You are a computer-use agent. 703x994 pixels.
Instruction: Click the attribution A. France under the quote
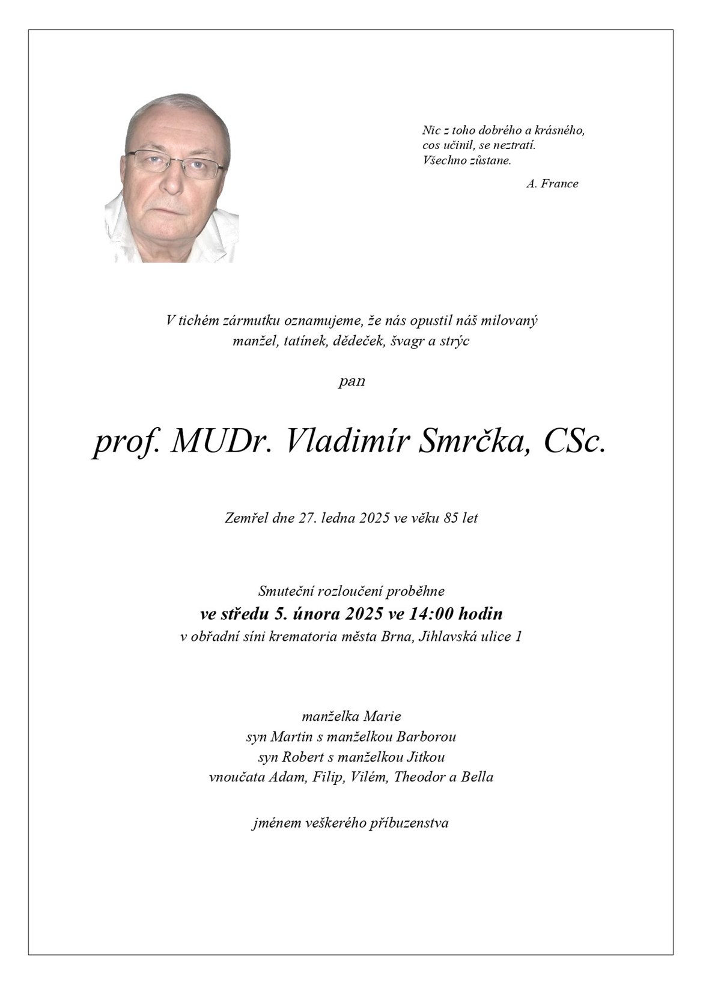point(552,184)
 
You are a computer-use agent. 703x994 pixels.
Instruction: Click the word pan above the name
point(351,381)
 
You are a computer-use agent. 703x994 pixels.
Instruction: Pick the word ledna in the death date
point(339,518)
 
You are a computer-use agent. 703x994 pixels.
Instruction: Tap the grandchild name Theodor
point(421,777)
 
